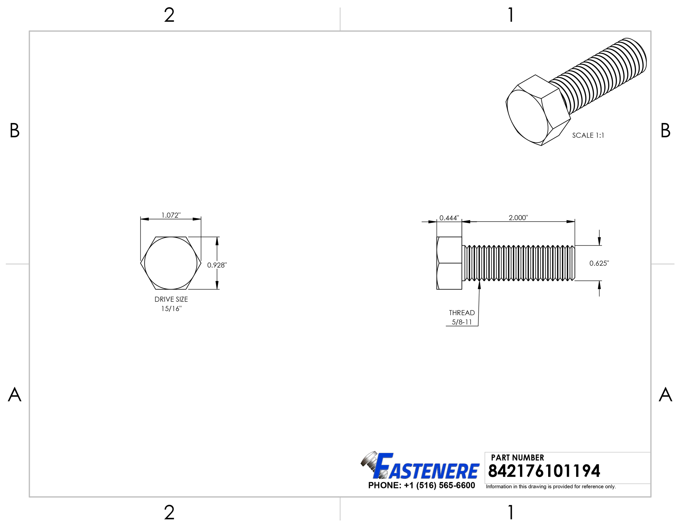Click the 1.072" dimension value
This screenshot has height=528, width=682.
click(171, 215)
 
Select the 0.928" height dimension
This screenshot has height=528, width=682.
click(217, 265)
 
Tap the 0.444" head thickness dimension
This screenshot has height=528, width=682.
click(449, 218)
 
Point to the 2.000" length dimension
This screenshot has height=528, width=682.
click(518, 218)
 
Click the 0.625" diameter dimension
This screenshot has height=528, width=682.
click(599, 263)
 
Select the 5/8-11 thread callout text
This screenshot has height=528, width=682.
click(462, 322)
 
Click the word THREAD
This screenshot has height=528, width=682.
click(462, 313)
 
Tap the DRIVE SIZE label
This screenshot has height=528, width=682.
click(171, 299)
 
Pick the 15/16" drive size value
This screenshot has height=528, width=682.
click(171, 309)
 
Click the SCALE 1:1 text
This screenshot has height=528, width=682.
click(588, 135)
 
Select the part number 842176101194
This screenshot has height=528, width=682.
click(544, 471)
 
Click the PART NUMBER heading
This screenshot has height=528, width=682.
click(517, 458)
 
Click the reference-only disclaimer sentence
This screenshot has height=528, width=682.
click(551, 486)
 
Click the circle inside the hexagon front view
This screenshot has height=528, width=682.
click(171, 263)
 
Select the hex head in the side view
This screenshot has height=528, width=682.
click(449, 263)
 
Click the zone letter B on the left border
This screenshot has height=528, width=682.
click(15, 130)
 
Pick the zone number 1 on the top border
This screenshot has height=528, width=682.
click(511, 15)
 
